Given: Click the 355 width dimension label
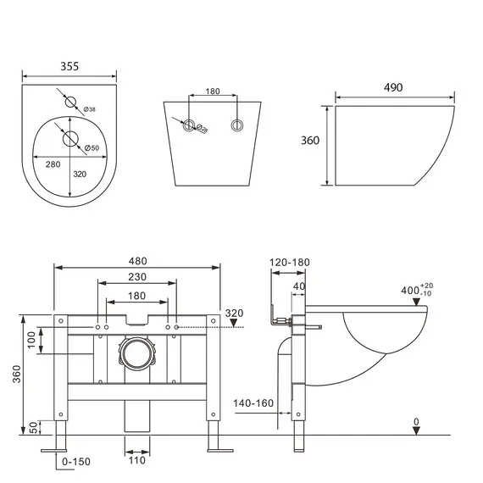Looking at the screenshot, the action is pos(69,66).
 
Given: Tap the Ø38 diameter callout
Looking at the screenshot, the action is pos(90,109).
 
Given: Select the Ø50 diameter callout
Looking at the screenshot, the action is pos(92,147).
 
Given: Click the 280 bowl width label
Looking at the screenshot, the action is pos(53,164).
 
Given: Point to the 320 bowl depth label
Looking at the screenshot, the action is pos(80,175).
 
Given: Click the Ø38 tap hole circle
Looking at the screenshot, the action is pos(70,102).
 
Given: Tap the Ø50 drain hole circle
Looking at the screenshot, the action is pos(70,139).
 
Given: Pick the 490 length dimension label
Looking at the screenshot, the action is pos(393,87).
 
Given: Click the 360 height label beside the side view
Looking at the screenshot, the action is pos(310,141).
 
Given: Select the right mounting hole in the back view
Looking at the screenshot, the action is pos(237,125).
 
